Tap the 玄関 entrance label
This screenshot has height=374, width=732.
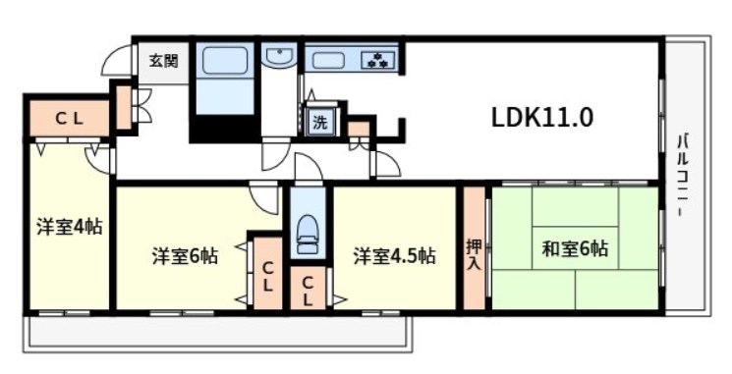click(162, 61)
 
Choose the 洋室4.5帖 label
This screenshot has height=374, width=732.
click(395, 256)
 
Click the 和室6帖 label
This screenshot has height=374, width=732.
click(575, 248)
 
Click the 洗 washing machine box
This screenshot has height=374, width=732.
click(320, 123)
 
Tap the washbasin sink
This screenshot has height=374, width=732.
click(279, 60)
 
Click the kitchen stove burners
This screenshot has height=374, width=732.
click(377, 60)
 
